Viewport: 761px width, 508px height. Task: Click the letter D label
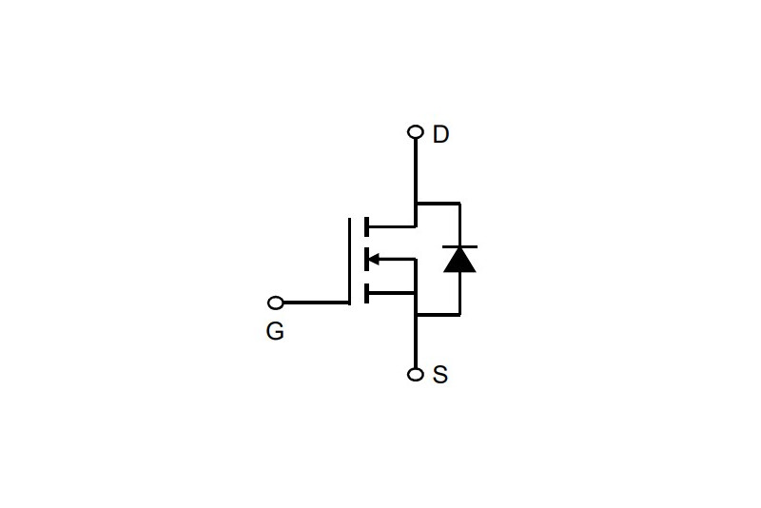pos(440,134)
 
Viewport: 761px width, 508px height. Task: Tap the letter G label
pos(275,331)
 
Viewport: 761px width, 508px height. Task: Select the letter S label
pos(439,375)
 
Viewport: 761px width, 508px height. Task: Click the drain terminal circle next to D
pos(416,131)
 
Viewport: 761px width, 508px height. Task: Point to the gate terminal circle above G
pos(276,303)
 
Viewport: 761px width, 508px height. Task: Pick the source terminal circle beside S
pos(416,375)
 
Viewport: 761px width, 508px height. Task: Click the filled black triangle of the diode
pos(459,261)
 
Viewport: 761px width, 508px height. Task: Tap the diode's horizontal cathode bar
pos(459,247)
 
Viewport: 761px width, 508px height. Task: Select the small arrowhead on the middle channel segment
pos(374,259)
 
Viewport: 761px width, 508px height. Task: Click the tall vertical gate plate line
pos(349,261)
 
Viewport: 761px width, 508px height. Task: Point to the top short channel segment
pos(366,226)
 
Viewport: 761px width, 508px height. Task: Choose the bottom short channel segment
pos(366,293)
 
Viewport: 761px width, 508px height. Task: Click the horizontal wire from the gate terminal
pos(316,303)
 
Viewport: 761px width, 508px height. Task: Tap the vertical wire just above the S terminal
pos(416,342)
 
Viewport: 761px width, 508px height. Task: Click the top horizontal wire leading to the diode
pos(439,203)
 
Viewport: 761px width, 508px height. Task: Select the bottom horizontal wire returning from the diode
pos(439,315)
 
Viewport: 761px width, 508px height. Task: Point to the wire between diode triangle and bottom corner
pos(459,294)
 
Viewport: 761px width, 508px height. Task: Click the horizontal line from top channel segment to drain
pos(392,226)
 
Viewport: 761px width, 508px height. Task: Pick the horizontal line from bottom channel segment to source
pos(392,293)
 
